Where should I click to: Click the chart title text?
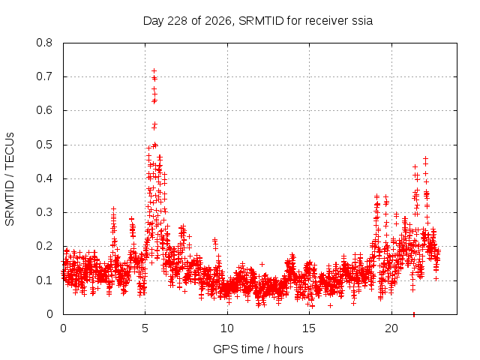coord(258,21)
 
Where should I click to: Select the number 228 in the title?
coord(178,21)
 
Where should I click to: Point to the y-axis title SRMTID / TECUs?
coord(10,179)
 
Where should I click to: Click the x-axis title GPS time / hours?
coord(258,349)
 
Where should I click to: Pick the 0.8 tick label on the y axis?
coord(44,43)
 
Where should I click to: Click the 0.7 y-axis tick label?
coord(44,76)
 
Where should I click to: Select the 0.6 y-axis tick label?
coord(44,110)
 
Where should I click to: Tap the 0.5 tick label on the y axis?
coord(44,145)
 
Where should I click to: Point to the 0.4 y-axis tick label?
coord(44,178)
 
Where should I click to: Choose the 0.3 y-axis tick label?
coord(44,212)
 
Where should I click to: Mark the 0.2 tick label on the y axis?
coord(44,246)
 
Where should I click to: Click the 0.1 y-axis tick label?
coord(44,280)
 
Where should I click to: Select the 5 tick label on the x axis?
coord(145,328)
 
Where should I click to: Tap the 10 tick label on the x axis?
coord(227,328)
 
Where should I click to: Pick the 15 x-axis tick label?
coord(309,328)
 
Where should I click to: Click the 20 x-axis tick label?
coord(391,328)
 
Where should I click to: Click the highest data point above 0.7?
coord(154,71)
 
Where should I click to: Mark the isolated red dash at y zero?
coord(414,314)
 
